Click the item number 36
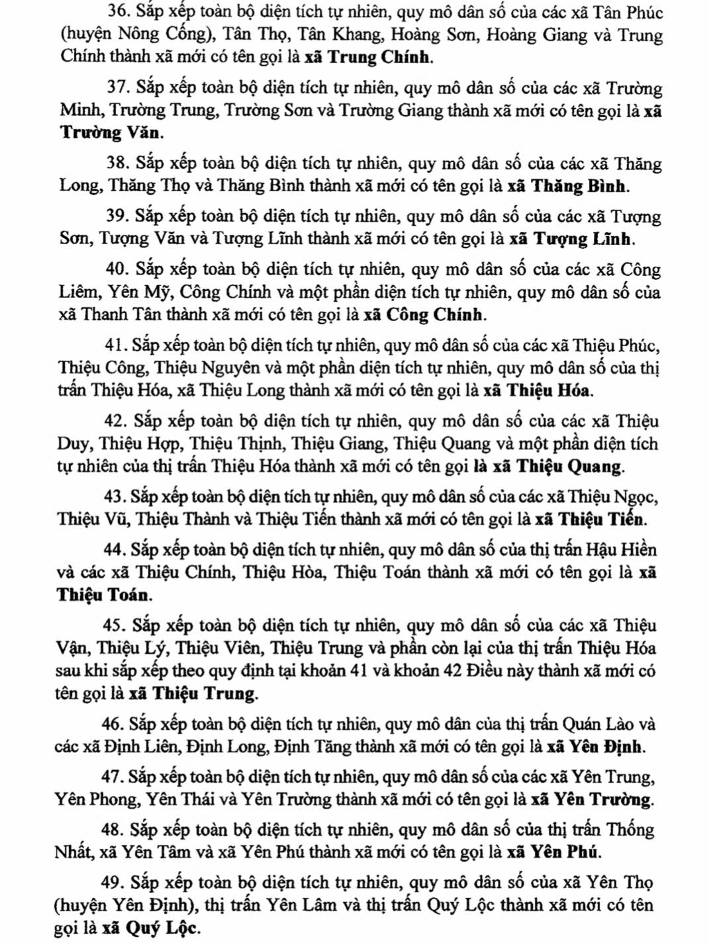(117, 12)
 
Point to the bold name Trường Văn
(110, 133)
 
